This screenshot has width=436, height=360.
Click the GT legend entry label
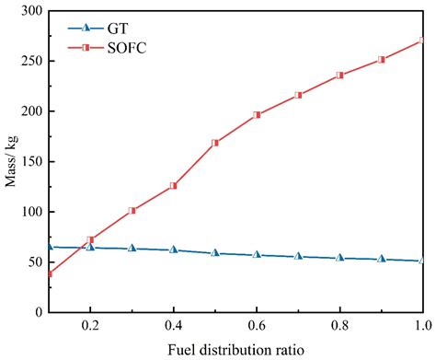pos(117,29)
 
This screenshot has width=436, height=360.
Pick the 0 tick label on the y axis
pos(37,313)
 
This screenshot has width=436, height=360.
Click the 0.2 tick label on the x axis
pos(90,327)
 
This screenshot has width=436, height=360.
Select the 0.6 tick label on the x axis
pos(257,327)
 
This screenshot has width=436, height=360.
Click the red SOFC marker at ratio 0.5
pos(215,143)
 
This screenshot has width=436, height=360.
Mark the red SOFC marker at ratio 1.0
pos(422,41)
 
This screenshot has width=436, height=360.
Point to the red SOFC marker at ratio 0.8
pos(339,75)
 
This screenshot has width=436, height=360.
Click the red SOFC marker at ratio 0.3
pos(132,210)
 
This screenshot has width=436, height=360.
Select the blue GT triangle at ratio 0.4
pos(174,250)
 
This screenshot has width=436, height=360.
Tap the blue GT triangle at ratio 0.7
pos(298,256)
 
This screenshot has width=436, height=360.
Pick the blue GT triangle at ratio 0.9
pos(381,259)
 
